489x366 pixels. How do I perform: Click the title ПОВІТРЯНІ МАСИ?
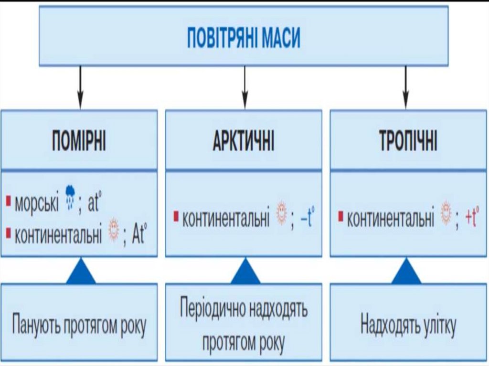[x=244, y=38]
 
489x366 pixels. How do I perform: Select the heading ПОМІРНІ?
[x=79, y=142]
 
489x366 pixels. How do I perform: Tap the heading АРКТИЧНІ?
[x=244, y=142]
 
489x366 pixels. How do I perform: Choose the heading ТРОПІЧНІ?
[x=408, y=142]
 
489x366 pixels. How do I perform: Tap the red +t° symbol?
[x=472, y=217]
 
